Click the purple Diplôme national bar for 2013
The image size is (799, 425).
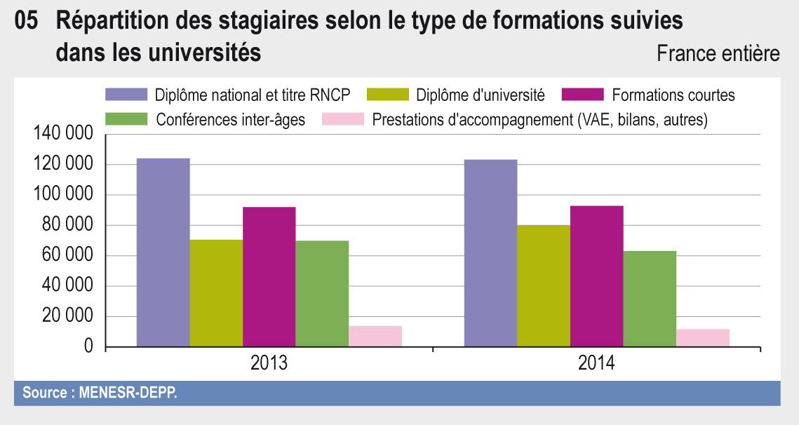coord(163,252)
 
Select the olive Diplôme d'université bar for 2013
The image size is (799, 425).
coord(216,293)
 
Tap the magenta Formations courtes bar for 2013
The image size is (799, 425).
coord(269,277)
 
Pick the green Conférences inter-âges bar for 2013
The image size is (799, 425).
coord(322,294)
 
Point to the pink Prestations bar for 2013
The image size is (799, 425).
coord(375,337)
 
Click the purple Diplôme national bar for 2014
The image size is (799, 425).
coord(490,253)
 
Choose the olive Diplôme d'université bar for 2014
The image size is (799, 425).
coord(544,286)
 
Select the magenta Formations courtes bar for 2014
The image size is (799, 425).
coord(596,276)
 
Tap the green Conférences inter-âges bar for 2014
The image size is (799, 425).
coord(650,299)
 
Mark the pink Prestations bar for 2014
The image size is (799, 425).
coord(703,338)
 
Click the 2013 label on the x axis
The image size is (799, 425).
coord(269,364)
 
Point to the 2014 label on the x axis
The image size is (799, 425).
coord(596,364)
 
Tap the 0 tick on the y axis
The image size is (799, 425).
coord(88,347)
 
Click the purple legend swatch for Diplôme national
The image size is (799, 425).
coord(126,95)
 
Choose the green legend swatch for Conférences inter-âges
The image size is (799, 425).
coord(126,119)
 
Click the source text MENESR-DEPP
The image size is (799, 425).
coord(100,393)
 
